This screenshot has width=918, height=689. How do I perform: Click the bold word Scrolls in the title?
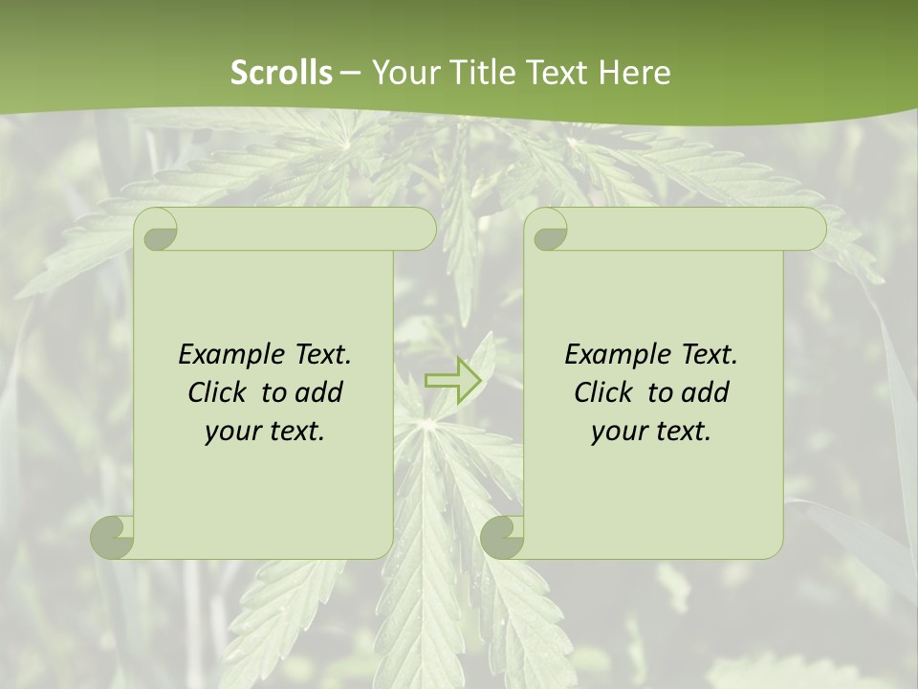(x=281, y=73)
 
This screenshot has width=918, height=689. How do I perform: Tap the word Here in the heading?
(x=635, y=73)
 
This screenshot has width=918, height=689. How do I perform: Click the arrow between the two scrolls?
(x=452, y=380)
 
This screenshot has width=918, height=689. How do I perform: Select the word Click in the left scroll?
(x=216, y=392)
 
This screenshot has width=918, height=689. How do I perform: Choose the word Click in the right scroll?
(x=602, y=392)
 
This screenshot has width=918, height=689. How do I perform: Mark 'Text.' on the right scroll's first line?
(x=709, y=355)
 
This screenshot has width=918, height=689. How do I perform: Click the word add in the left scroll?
(x=319, y=392)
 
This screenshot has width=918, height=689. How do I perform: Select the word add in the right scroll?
(x=706, y=392)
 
